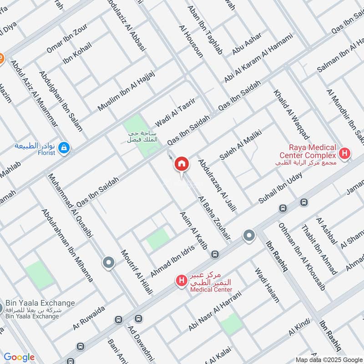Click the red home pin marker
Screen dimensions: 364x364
tap(182, 164)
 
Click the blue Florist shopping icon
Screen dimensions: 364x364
tap(64, 147)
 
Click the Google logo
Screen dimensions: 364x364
tap(19, 357)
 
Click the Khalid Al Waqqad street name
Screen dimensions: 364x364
tap(291, 114)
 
